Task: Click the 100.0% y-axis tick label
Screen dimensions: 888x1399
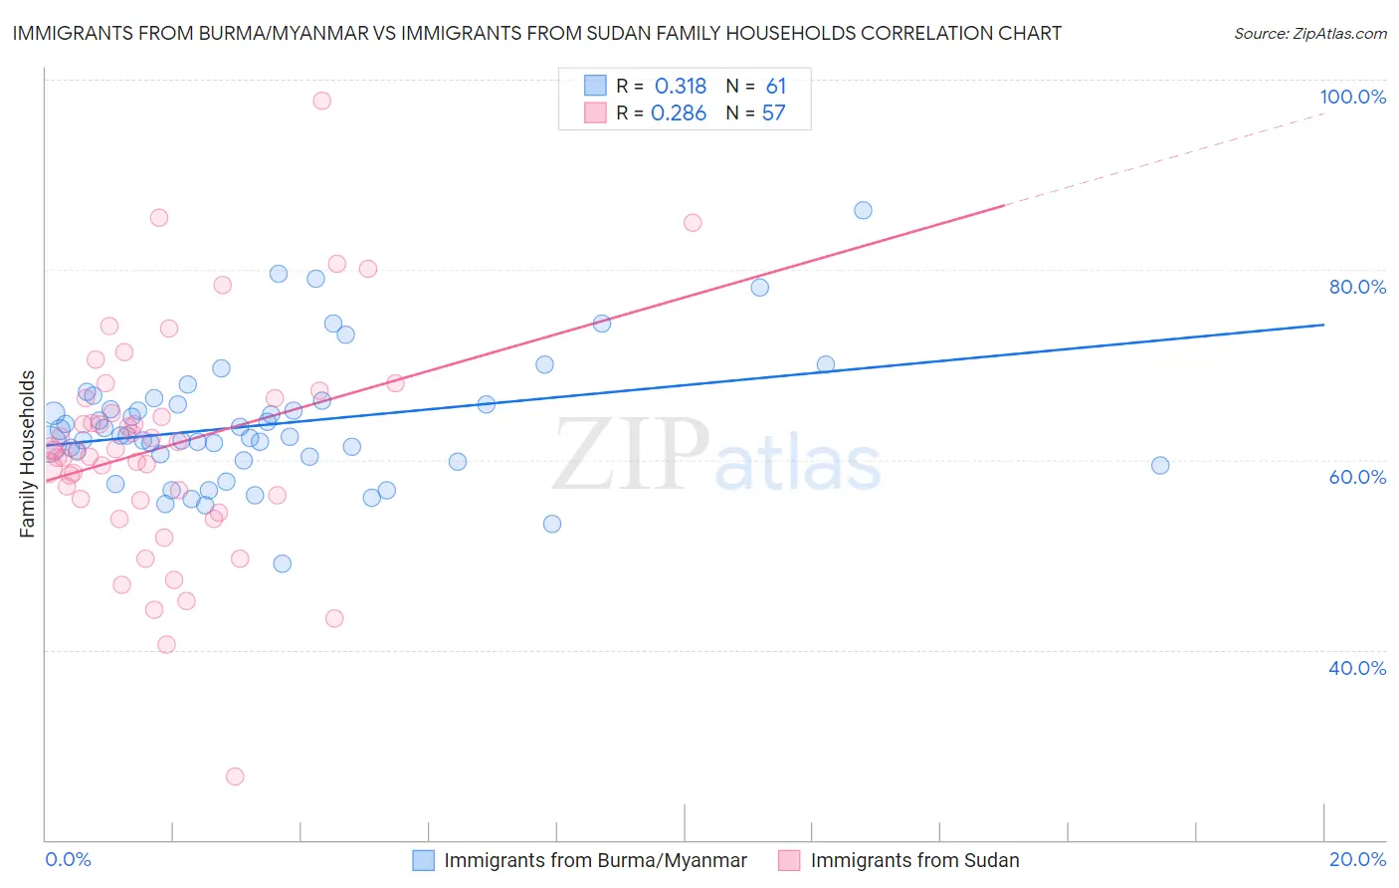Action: [x=1352, y=97]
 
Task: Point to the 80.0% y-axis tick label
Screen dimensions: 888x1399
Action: [x=1357, y=287]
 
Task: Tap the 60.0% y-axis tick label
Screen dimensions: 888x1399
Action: [x=1357, y=477]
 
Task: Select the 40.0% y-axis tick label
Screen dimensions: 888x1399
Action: [x=1357, y=668]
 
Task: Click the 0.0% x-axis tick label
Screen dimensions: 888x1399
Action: [x=68, y=859]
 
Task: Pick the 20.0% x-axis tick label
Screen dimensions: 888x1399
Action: [x=1357, y=859]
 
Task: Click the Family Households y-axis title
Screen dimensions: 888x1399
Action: [x=28, y=454]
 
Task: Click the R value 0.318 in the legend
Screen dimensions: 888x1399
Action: [x=681, y=87]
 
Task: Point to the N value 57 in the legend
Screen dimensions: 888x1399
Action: [x=773, y=113]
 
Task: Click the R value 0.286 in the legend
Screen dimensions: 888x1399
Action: [x=679, y=113]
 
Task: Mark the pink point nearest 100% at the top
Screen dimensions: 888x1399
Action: [x=321, y=101]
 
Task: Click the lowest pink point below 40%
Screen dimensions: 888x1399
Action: [x=235, y=777]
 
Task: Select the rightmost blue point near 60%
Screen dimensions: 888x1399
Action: [x=1160, y=465]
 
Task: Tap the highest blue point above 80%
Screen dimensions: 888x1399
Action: [x=863, y=210]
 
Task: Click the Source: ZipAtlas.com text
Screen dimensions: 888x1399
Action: [x=1309, y=33]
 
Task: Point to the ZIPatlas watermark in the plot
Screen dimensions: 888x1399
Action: [x=716, y=456]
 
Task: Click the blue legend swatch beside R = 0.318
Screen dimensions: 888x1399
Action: [x=595, y=86]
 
